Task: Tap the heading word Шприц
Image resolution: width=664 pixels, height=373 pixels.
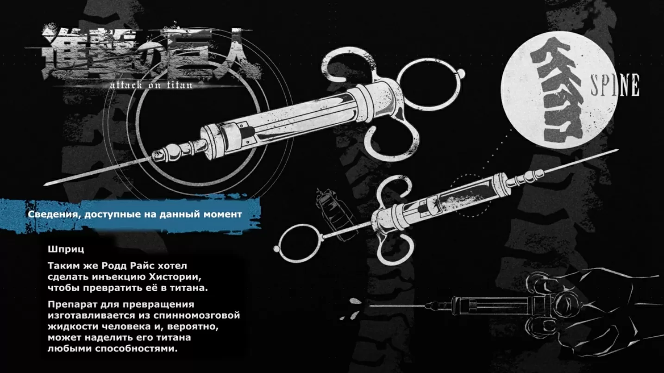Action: click(66, 249)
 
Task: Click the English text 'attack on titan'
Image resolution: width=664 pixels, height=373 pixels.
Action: click(151, 85)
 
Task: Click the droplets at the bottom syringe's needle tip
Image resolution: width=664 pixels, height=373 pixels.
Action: click(356, 305)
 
